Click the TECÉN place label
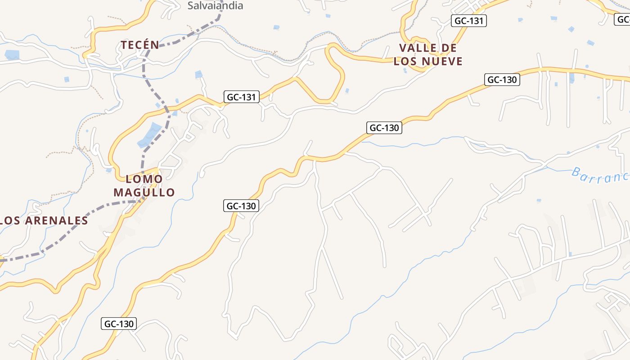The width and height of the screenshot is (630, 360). click(140, 45)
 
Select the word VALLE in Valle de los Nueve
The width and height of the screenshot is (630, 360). click(418, 48)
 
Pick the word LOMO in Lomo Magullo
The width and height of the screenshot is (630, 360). click(144, 179)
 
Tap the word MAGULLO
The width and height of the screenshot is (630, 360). click(144, 193)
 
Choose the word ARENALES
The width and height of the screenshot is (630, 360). click(57, 220)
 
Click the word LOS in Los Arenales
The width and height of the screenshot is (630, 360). click(9, 220)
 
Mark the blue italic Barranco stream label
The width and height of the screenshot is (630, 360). click(601, 175)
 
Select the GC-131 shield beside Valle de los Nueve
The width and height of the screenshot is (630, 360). click(469, 21)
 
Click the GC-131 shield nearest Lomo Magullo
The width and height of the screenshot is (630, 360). click(242, 97)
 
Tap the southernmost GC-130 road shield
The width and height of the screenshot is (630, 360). click(119, 324)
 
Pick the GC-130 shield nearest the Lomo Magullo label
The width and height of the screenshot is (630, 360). click(241, 206)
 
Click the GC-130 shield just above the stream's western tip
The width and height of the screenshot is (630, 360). click(384, 128)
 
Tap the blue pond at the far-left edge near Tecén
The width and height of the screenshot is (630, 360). click(12, 55)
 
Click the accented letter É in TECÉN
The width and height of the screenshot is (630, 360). click(145, 45)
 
